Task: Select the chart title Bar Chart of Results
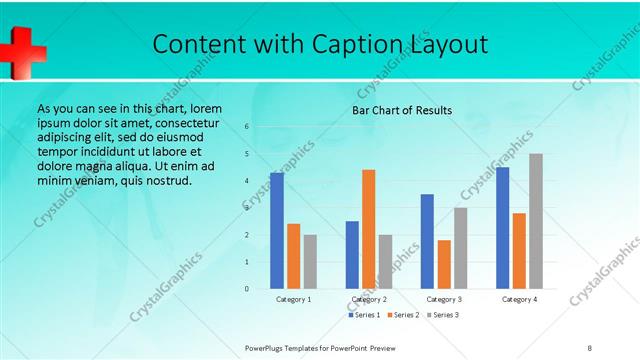point(401,110)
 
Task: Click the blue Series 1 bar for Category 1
point(276,230)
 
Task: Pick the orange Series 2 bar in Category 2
point(368,229)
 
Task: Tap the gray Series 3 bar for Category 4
point(536,221)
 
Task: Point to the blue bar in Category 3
point(427,241)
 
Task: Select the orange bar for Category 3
point(444,264)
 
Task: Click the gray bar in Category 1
point(310,261)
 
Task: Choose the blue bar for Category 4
point(502,228)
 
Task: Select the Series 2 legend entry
point(403,315)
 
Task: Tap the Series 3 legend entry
point(442,315)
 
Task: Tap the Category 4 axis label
point(519,299)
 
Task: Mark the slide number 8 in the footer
point(590,347)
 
